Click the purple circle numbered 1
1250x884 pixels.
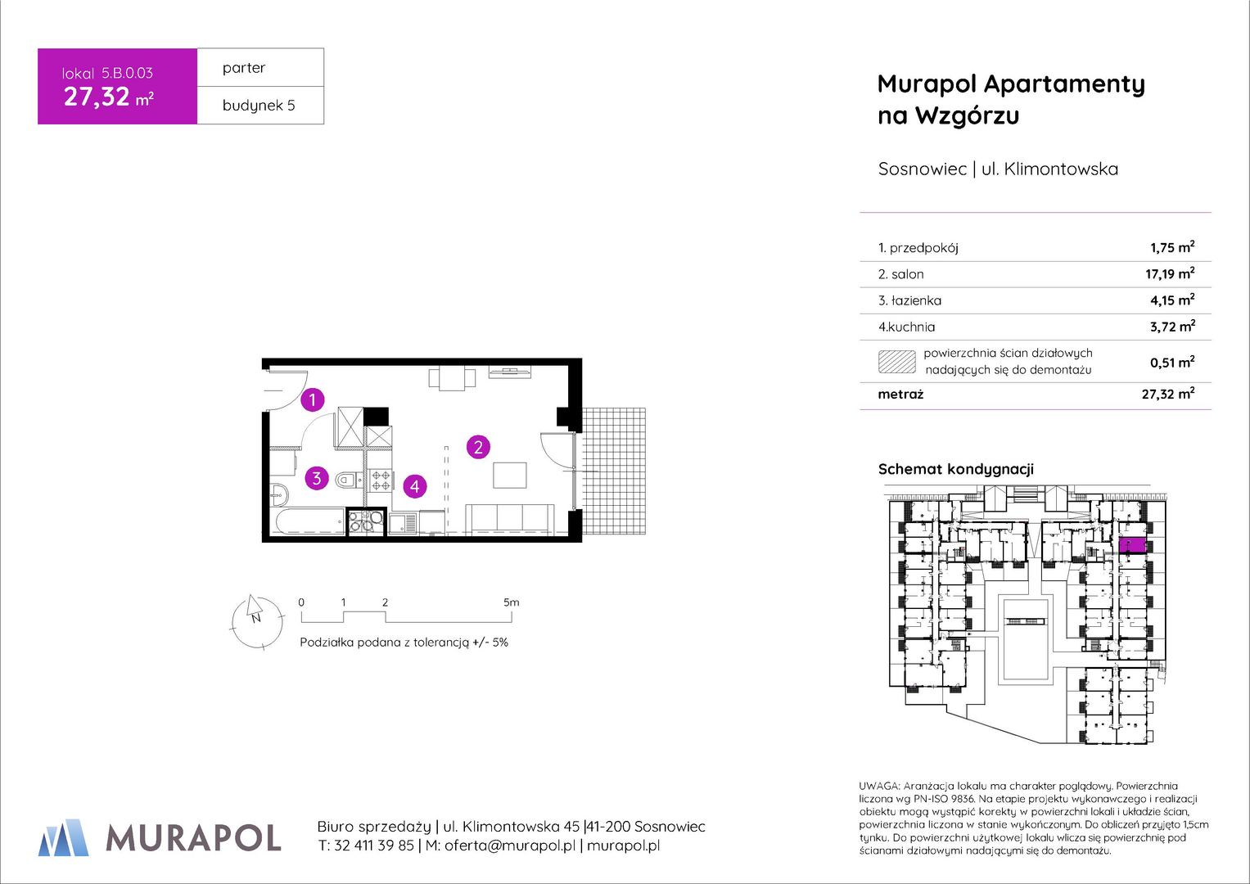pyautogui.click(x=313, y=399)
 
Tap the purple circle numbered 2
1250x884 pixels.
pyautogui.click(x=478, y=447)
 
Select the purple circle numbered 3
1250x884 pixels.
pyautogui.click(x=317, y=478)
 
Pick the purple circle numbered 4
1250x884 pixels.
pyautogui.click(x=415, y=487)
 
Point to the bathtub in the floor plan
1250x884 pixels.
pyautogui.click(x=309, y=521)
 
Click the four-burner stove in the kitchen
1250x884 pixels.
pyautogui.click(x=381, y=480)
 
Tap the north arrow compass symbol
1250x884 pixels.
pyautogui.click(x=257, y=621)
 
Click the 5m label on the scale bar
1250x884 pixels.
pyautogui.click(x=511, y=602)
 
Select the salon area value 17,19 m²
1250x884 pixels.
pyautogui.click(x=1171, y=273)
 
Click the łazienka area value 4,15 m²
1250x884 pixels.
pyautogui.click(x=1172, y=300)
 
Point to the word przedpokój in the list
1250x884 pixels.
pyautogui.click(x=924, y=248)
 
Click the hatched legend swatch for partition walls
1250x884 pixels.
pyautogui.click(x=896, y=362)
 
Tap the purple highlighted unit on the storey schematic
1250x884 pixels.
pyautogui.click(x=1133, y=544)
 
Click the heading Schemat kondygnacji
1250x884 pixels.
pyautogui.click(x=956, y=469)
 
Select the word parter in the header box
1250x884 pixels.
pyautogui.click(x=244, y=68)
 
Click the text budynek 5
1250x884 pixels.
pyautogui.click(x=259, y=106)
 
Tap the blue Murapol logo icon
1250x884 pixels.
pyautogui.click(x=63, y=837)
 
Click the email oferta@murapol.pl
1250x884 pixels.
pyautogui.click(x=509, y=846)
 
